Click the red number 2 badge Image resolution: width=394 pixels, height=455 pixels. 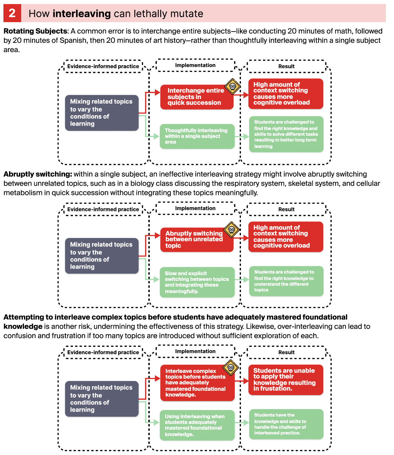(12, 13)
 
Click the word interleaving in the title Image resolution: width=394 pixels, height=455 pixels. (82, 14)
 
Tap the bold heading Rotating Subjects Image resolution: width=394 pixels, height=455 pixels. (35, 31)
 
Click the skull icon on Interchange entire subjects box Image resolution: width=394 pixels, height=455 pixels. (233, 86)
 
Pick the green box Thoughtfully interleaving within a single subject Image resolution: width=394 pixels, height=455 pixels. (197, 136)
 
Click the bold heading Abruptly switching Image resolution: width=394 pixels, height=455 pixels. (38, 174)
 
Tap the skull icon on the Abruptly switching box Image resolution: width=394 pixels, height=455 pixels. (232, 230)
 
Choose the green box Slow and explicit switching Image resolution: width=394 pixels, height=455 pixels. (197, 282)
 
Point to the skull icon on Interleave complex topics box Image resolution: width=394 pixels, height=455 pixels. (231, 368)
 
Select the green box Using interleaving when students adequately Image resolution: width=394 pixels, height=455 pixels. (197, 425)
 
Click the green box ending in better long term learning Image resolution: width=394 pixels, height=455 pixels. (286, 134)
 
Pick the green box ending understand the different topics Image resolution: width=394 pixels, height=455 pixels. (286, 281)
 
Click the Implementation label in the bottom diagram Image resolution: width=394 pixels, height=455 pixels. (195, 351)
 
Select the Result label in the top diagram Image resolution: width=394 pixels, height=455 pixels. (286, 66)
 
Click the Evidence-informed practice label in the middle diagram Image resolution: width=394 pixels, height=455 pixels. (103, 209)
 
